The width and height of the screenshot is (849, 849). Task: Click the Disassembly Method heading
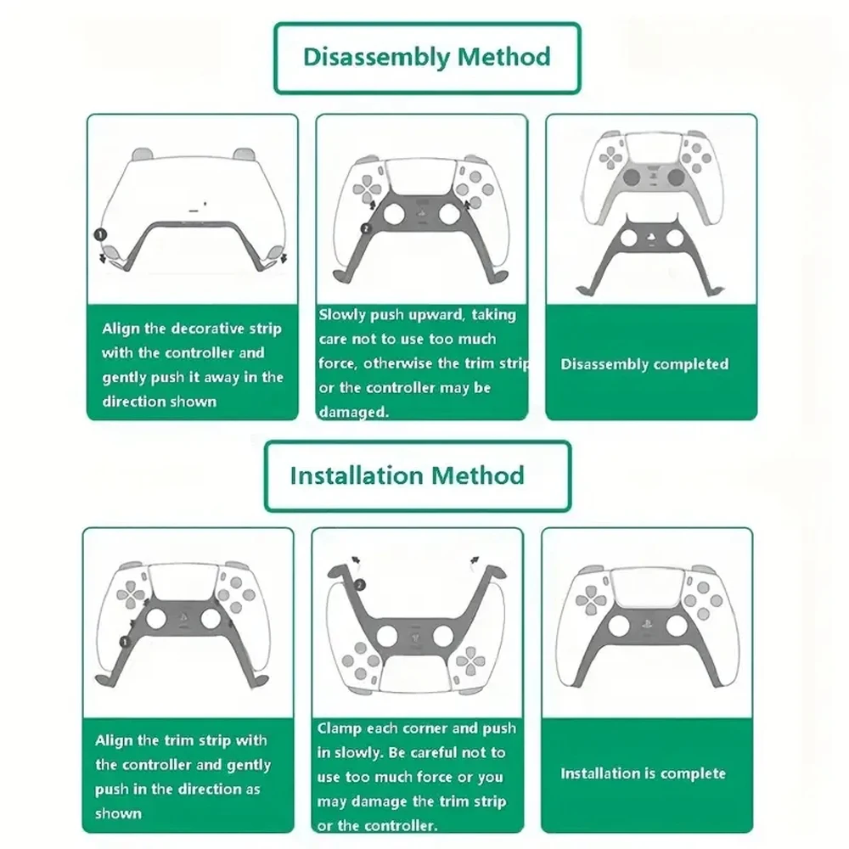click(x=426, y=58)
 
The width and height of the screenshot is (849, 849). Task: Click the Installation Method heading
click(x=407, y=475)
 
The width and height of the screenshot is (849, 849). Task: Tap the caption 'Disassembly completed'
click(x=644, y=364)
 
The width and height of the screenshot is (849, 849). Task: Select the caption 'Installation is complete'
click(x=643, y=773)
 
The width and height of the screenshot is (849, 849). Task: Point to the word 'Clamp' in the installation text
click(x=340, y=728)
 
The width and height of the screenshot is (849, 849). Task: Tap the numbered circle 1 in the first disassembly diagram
click(x=100, y=233)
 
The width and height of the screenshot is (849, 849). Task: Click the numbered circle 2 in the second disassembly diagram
click(x=366, y=228)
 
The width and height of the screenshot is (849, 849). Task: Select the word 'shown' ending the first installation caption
click(x=119, y=813)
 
